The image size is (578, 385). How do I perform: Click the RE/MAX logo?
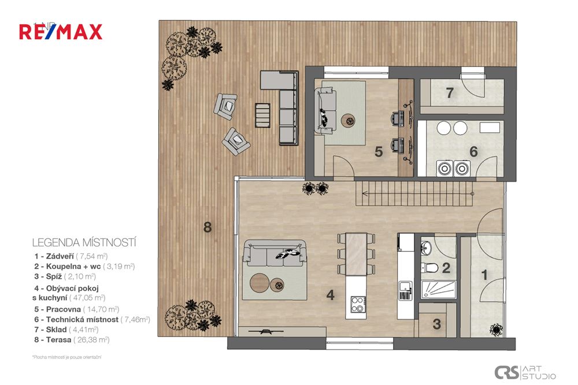(x=61, y=31)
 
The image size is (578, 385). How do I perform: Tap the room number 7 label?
(x=450, y=92)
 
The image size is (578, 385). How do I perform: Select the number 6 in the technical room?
(x=473, y=152)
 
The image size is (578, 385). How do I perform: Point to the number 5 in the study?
(x=379, y=152)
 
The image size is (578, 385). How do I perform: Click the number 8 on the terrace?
(x=208, y=227)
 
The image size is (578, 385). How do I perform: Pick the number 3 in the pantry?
(x=436, y=324)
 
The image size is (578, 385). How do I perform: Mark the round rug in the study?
(x=349, y=121)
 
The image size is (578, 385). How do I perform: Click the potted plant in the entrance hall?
(x=495, y=330)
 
